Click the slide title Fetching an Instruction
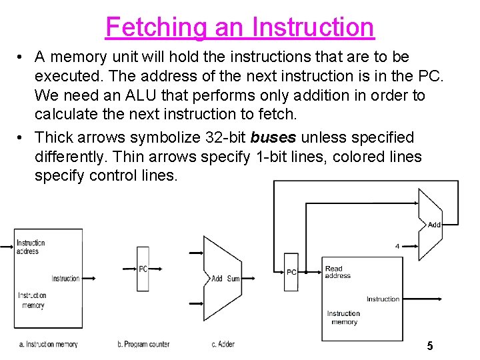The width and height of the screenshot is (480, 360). click(x=240, y=27)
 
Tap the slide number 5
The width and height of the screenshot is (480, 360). click(x=430, y=345)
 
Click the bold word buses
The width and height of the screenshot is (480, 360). click(x=273, y=137)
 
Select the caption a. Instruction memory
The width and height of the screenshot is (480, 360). click(x=49, y=344)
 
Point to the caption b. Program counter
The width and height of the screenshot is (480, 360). click(x=143, y=344)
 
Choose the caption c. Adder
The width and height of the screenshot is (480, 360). click(x=223, y=344)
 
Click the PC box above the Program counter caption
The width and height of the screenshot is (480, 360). click(x=143, y=269)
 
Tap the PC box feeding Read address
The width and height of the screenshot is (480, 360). click(x=291, y=272)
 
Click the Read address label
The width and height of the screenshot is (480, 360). click(x=337, y=272)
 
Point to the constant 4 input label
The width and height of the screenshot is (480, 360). click(x=397, y=246)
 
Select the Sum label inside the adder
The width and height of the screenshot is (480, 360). click(x=233, y=279)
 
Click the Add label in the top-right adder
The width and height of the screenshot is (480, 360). click(x=434, y=225)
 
